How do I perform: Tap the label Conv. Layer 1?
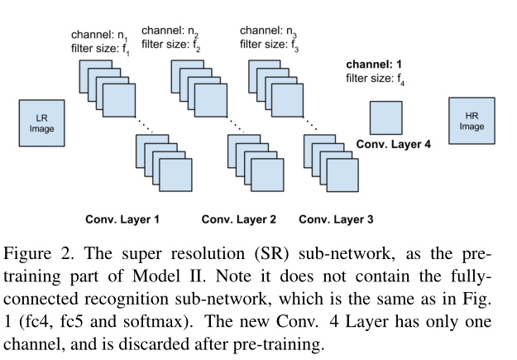click(122, 220)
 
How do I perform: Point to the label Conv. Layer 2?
click(237, 220)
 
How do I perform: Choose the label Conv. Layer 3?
click(336, 220)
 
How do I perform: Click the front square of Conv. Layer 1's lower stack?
click(176, 173)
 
